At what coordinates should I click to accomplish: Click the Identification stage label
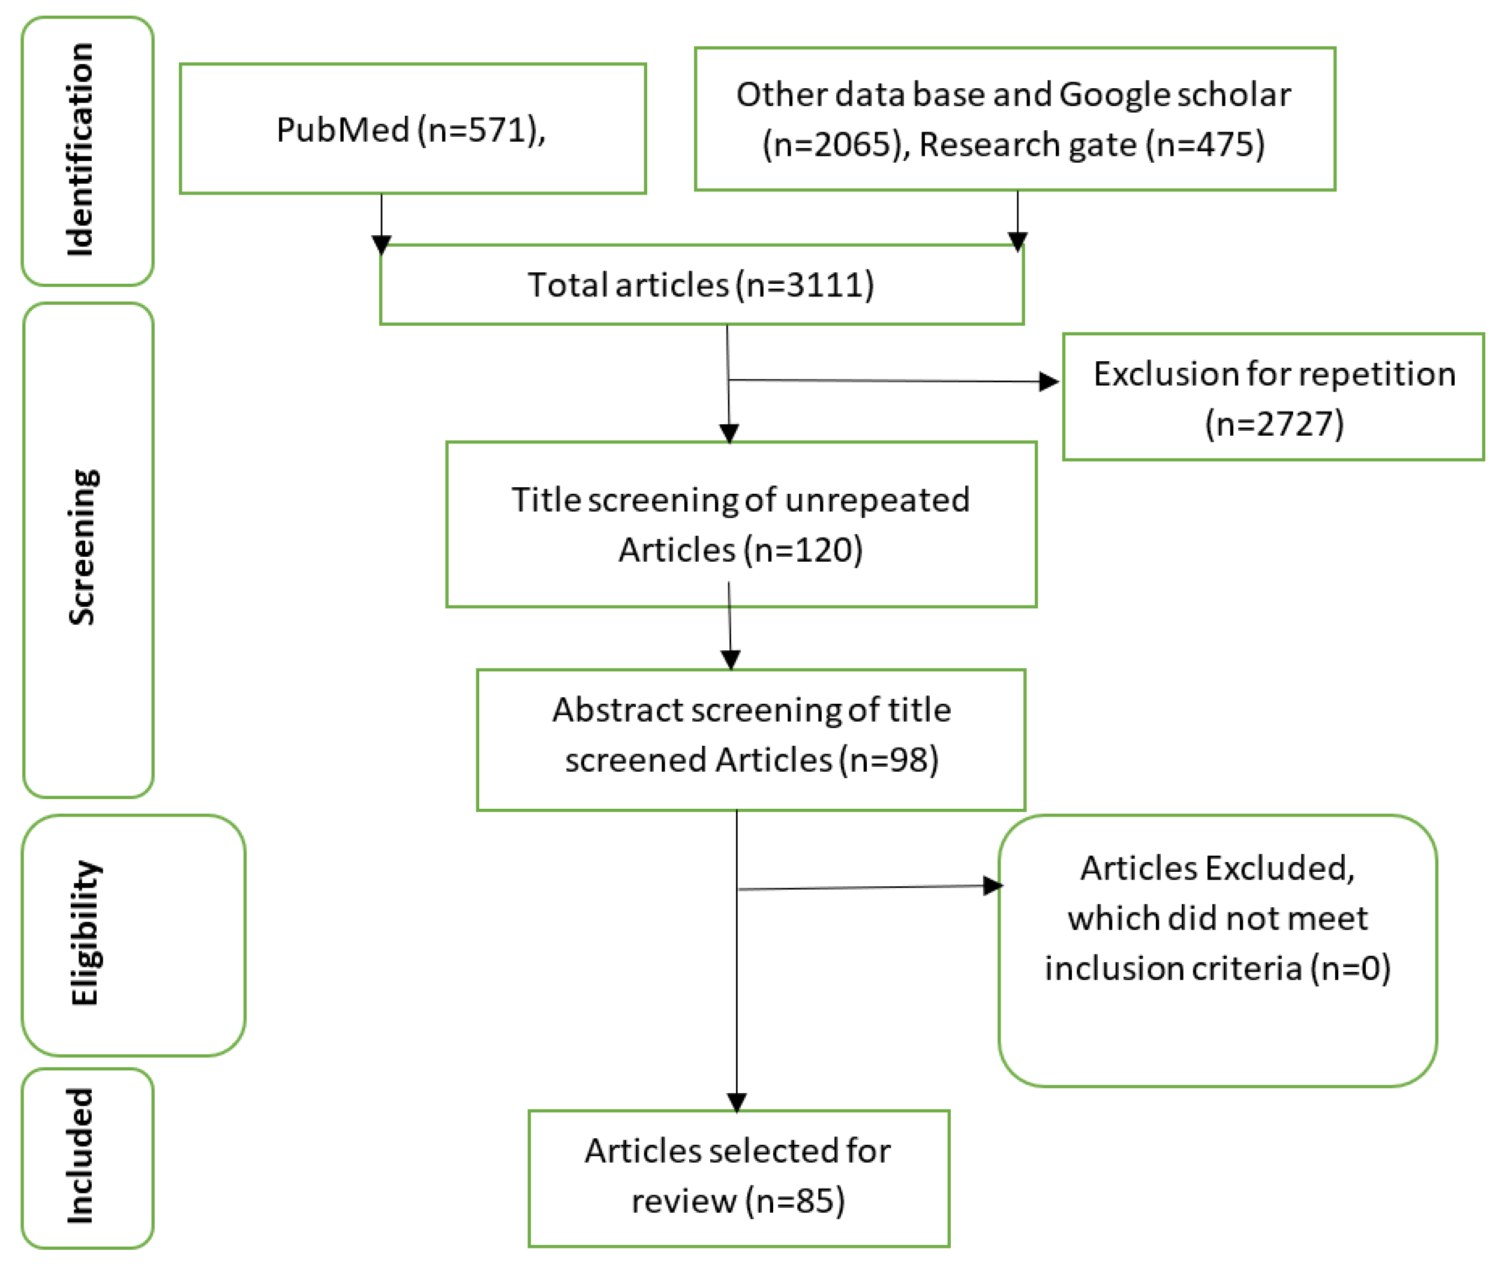click(x=80, y=149)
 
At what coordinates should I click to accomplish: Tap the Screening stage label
click(x=83, y=547)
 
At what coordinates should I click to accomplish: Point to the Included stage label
click(x=80, y=1156)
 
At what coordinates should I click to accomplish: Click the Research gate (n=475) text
click(x=1091, y=144)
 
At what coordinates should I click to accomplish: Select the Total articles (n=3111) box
click(x=701, y=285)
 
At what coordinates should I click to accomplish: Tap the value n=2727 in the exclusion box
click(x=1273, y=424)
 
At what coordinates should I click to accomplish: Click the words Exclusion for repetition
click(x=1273, y=374)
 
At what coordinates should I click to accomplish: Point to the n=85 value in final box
click(x=795, y=1201)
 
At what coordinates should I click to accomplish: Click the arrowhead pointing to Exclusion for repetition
click(x=1049, y=381)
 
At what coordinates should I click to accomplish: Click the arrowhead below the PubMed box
click(x=381, y=244)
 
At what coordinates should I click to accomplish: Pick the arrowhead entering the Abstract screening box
click(x=730, y=659)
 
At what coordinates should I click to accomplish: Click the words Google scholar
click(x=1174, y=95)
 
